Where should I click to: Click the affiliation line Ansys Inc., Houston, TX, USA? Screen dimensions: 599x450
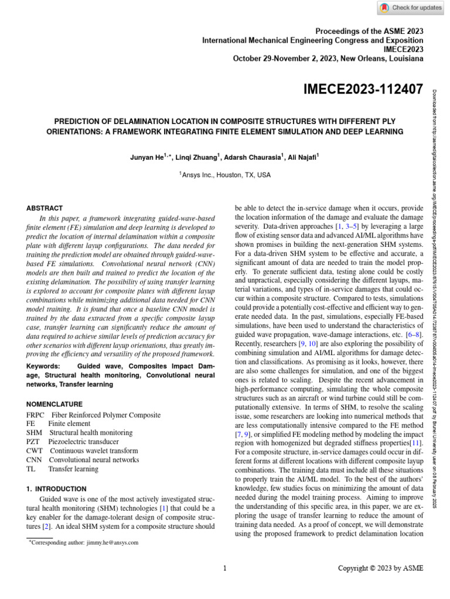[x=225, y=175]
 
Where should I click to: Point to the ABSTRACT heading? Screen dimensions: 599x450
[x=45, y=208]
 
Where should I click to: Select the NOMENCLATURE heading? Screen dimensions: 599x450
[x=54, y=404]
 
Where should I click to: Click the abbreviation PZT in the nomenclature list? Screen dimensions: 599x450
[x=34, y=442]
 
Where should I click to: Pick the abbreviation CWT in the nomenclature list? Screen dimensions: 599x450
[x=35, y=451]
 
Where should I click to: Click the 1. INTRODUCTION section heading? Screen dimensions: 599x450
[x=57, y=488]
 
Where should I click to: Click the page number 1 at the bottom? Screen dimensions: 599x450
[x=225, y=568]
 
